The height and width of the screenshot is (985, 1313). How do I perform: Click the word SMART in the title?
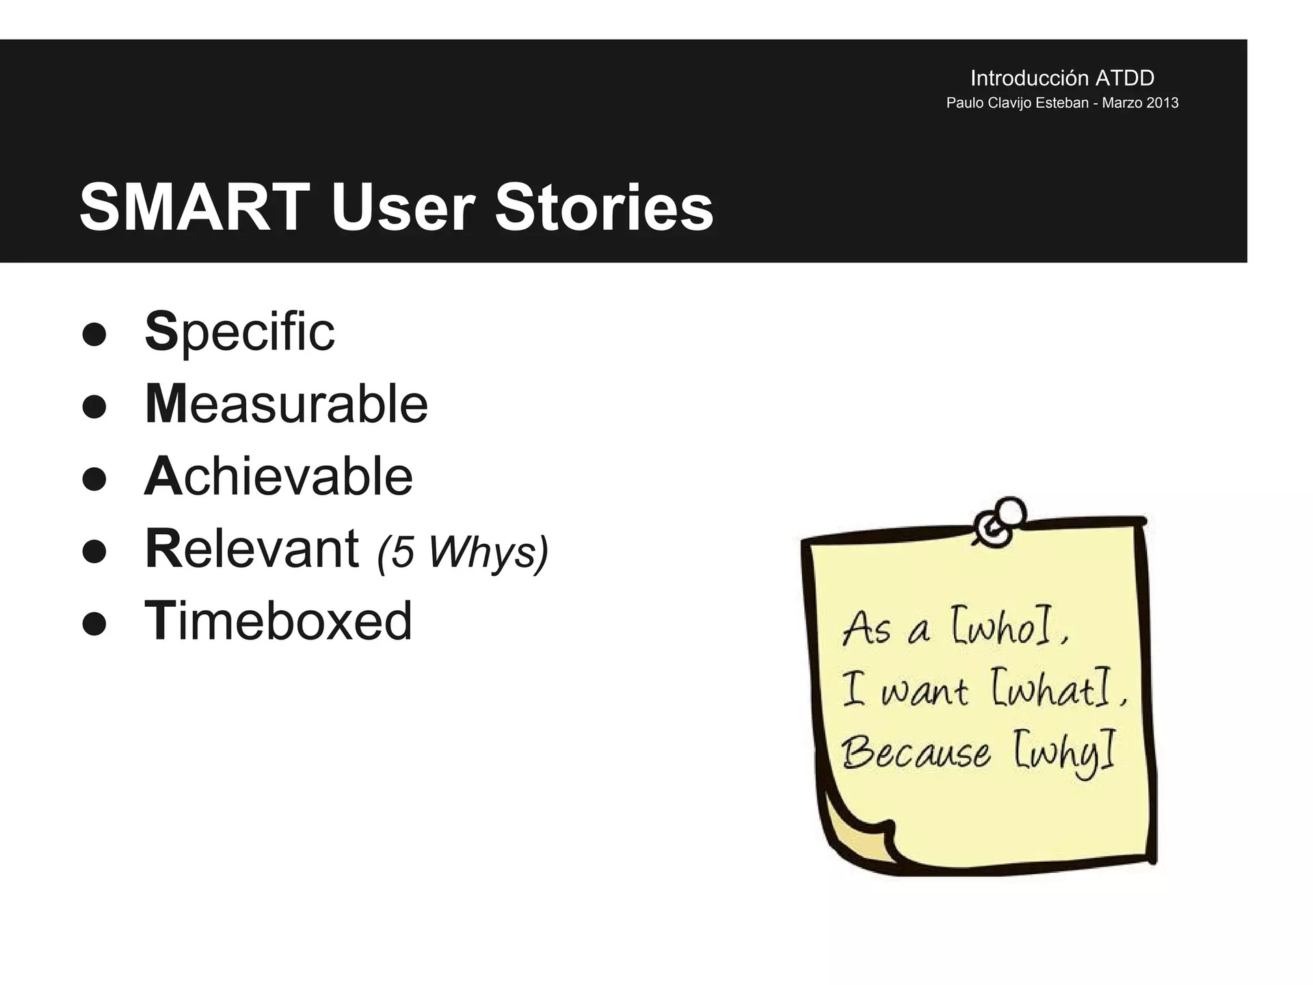[x=195, y=207]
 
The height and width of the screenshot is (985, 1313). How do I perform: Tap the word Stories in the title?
[x=605, y=207]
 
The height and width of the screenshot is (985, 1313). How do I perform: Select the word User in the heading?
[x=403, y=207]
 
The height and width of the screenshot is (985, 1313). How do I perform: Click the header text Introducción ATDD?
[x=1062, y=78]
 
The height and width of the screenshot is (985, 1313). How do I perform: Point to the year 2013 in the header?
[x=1162, y=103]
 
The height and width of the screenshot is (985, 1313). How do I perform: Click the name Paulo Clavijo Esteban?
[x=1017, y=103]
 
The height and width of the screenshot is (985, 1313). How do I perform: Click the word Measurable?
[x=287, y=404]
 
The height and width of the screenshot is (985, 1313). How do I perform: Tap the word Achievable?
[x=279, y=476]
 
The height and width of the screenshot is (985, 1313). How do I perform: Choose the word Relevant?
[x=252, y=549]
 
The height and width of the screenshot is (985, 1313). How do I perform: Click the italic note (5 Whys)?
[x=463, y=552]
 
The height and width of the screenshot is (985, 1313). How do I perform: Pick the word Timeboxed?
[x=278, y=621]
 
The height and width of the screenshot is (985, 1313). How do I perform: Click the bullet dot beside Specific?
[x=94, y=335]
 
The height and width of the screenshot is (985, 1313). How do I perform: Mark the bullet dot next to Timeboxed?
[x=94, y=624]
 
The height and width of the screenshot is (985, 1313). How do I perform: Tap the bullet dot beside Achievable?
[x=94, y=480]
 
